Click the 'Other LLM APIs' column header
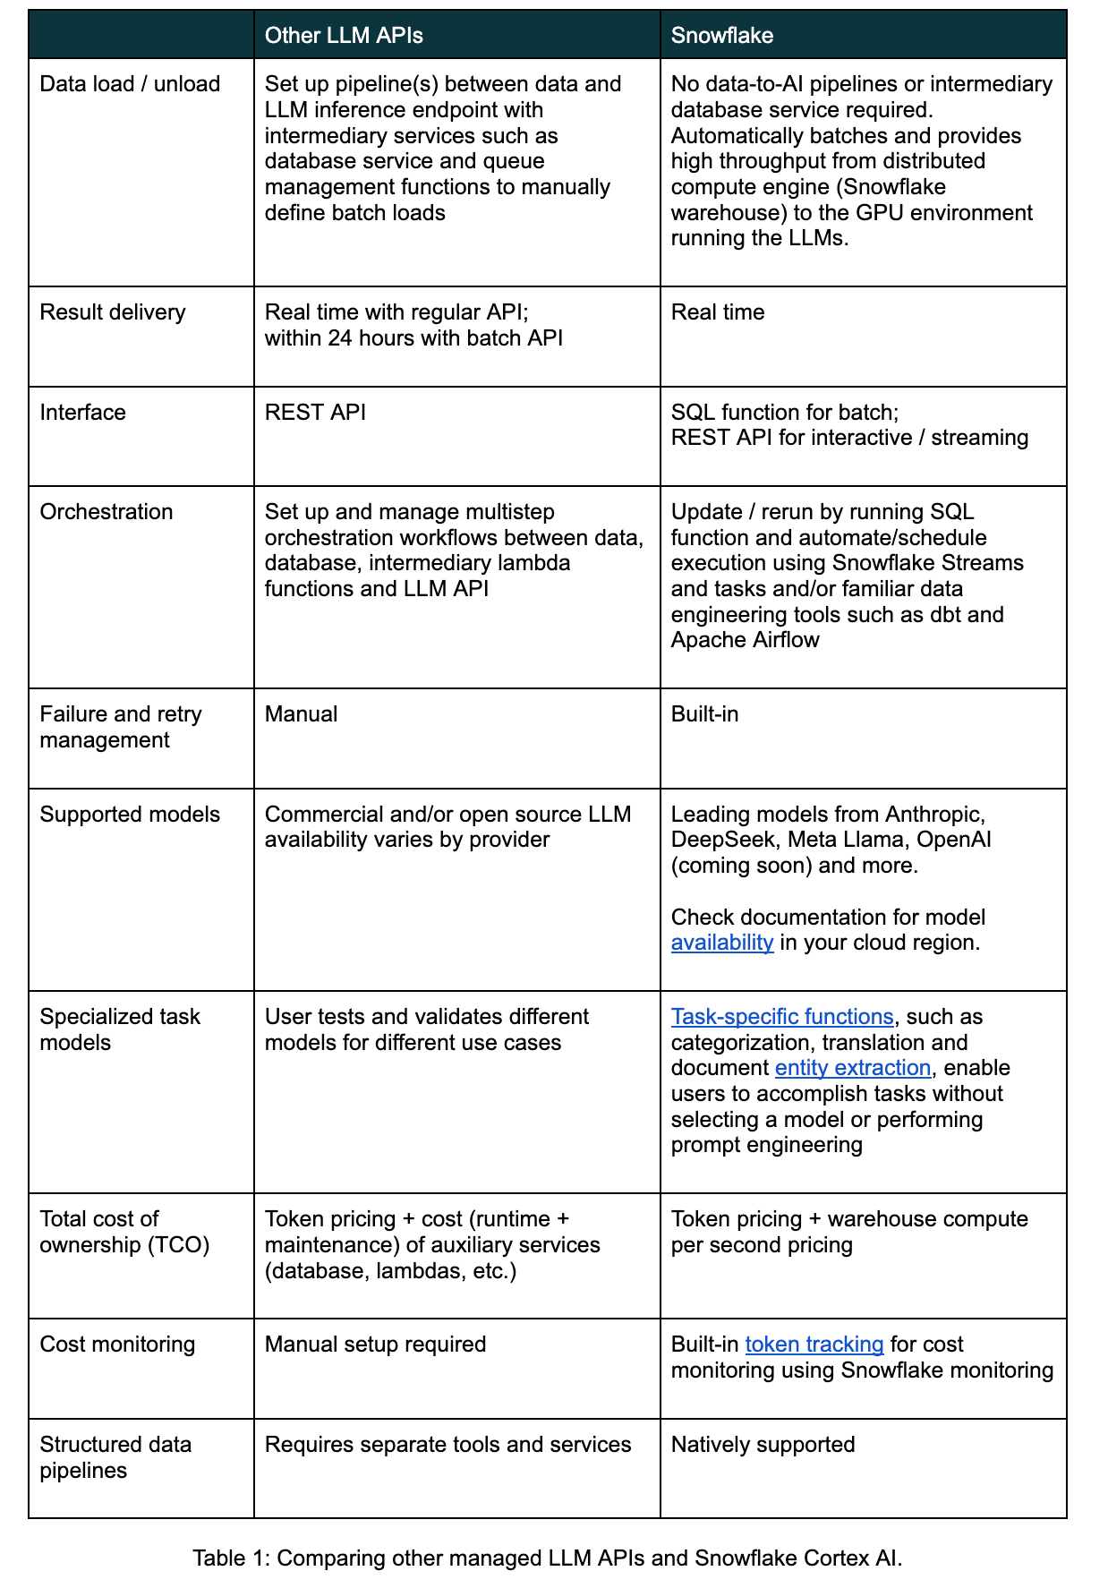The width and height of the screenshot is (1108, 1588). (x=344, y=36)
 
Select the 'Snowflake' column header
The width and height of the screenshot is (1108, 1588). (x=722, y=36)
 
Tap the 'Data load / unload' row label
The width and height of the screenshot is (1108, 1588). (x=130, y=84)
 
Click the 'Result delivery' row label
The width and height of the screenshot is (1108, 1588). (x=113, y=312)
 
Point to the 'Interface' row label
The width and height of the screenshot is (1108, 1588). (x=83, y=413)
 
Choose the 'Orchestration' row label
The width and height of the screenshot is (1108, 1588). (x=107, y=512)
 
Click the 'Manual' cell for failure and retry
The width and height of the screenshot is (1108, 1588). (x=301, y=714)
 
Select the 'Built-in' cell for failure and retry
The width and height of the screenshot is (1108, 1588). (x=704, y=714)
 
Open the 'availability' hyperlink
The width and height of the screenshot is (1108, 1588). (x=722, y=943)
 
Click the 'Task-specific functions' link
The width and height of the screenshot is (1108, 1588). (x=782, y=1017)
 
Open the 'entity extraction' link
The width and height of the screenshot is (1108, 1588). (x=853, y=1068)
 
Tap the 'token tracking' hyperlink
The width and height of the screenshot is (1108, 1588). (x=814, y=1345)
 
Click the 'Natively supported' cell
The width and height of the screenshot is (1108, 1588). (x=763, y=1445)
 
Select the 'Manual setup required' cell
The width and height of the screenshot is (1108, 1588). (x=375, y=1345)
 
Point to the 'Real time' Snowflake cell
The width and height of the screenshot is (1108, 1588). (x=718, y=312)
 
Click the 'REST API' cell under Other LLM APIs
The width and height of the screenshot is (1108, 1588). (x=315, y=413)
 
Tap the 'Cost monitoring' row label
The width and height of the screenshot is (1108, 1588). (x=117, y=1345)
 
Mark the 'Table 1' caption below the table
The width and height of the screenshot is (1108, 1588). (x=547, y=1558)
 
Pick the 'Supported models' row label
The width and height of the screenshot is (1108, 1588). (x=130, y=815)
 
